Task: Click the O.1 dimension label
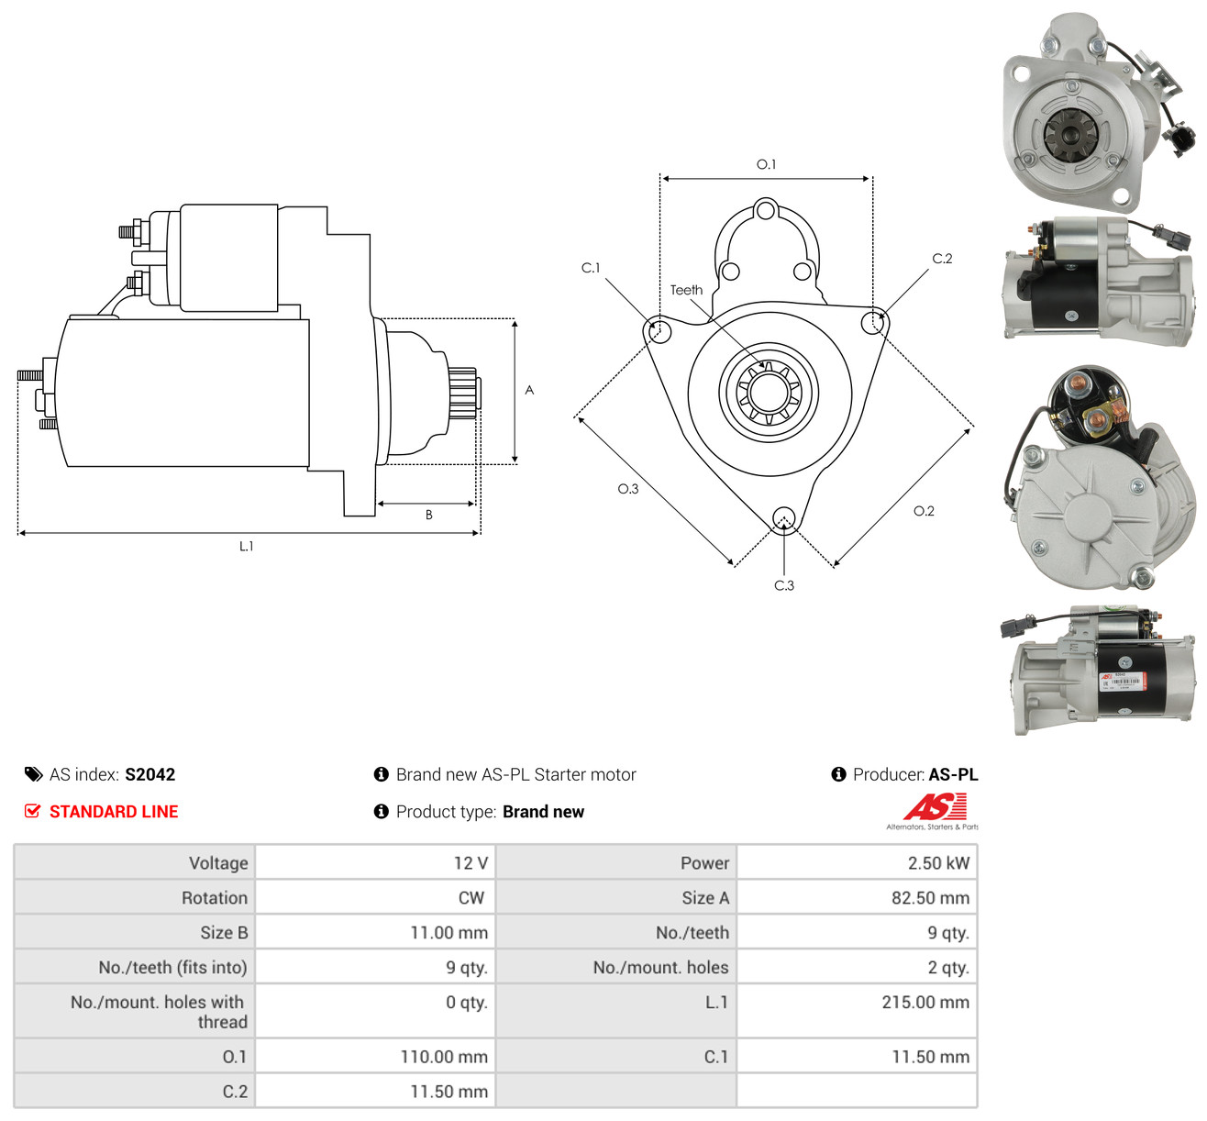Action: (766, 164)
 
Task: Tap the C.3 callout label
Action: (783, 585)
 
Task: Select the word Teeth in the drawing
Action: (685, 290)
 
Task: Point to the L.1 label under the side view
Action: (246, 546)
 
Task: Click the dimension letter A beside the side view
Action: (528, 390)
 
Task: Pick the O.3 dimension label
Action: (628, 489)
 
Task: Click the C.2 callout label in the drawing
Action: (941, 259)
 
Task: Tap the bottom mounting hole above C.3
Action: (783, 518)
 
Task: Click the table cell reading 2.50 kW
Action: (857, 862)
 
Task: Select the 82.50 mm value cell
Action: (857, 897)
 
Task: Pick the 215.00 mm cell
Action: (857, 1010)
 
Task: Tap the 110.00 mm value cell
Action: (375, 1057)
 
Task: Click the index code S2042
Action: (150, 774)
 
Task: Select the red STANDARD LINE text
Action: (114, 811)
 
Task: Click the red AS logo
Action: (935, 806)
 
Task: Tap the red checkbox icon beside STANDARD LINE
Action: (33, 811)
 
